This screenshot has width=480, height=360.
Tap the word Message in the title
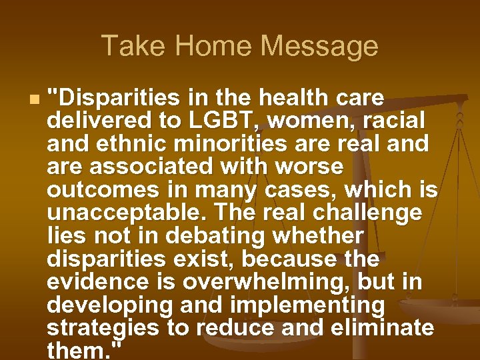pos(319,46)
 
